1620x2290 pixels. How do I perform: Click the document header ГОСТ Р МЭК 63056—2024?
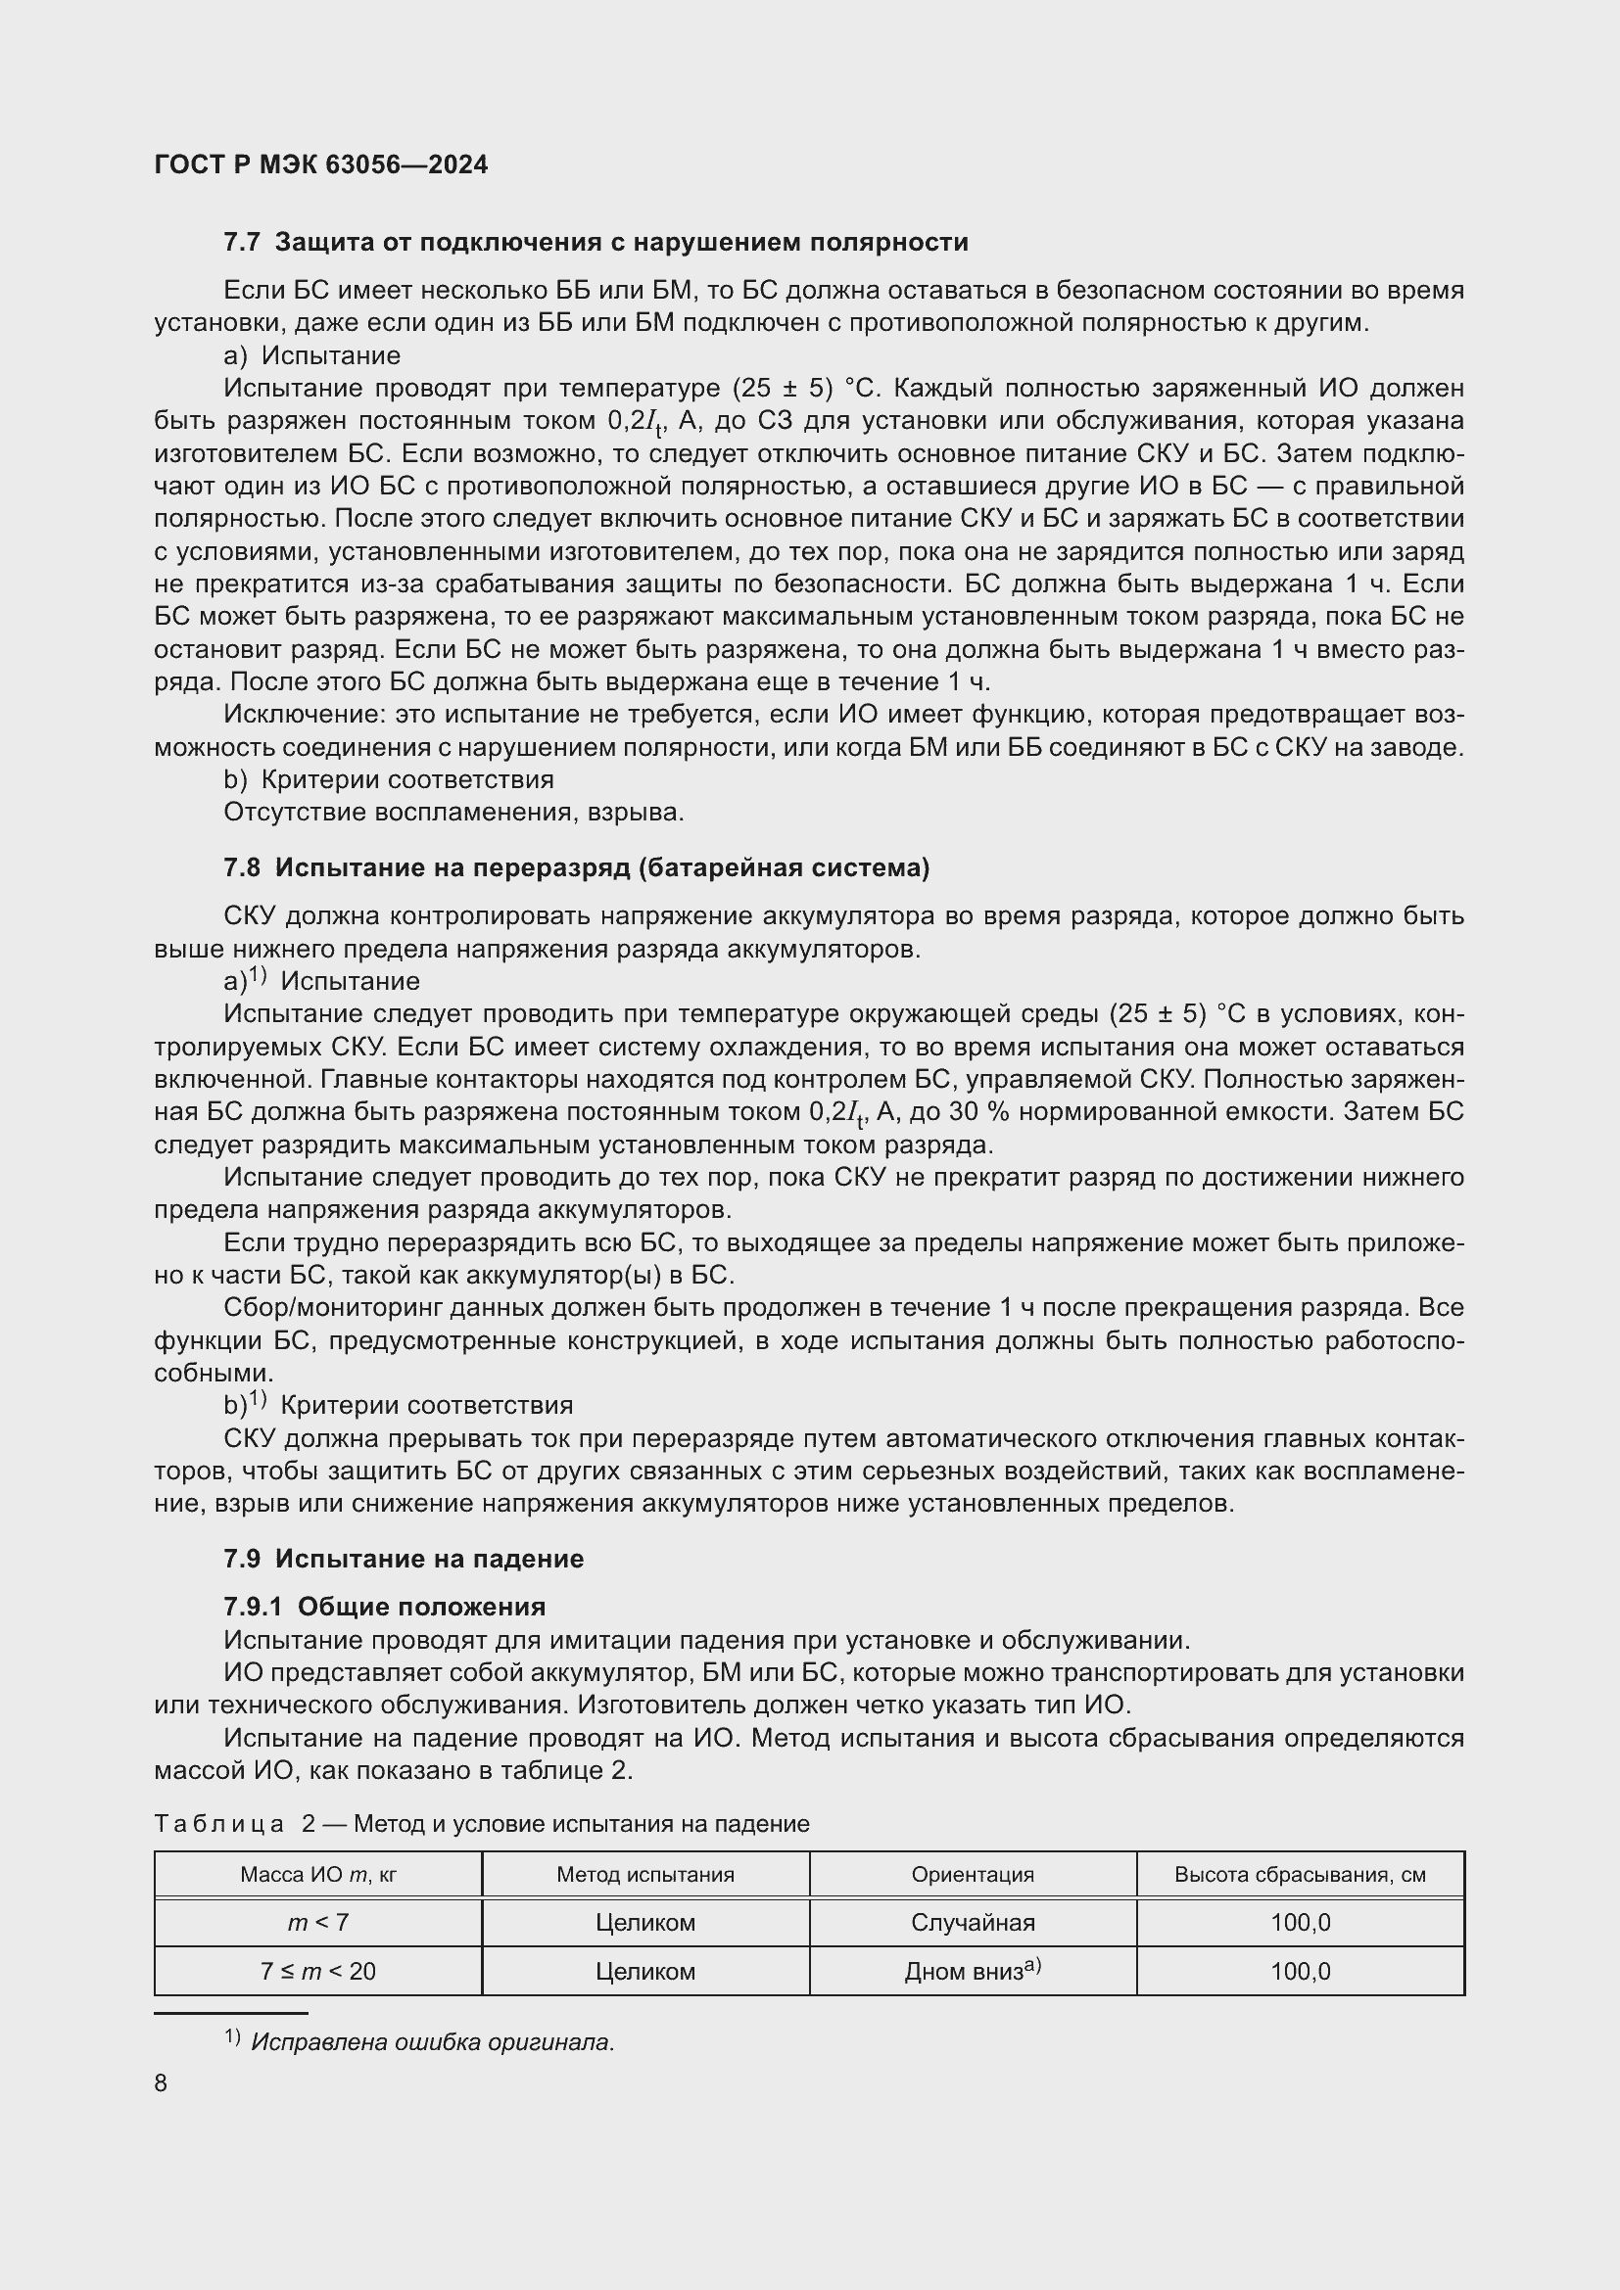click(x=321, y=164)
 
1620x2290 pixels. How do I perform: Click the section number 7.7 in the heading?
click(x=241, y=243)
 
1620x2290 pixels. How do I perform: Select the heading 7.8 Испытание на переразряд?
click(x=576, y=867)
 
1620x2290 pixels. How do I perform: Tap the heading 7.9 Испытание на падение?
click(x=403, y=1558)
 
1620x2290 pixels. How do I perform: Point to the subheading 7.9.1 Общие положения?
click(x=384, y=1607)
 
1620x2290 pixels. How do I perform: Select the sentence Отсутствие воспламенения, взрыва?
click(x=453, y=812)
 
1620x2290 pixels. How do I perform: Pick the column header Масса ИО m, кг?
click(x=318, y=1874)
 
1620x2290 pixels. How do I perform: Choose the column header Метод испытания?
click(x=645, y=1874)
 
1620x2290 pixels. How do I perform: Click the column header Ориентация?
click(x=973, y=1874)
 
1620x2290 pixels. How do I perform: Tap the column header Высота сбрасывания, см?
click(x=1300, y=1874)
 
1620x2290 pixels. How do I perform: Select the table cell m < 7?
click(x=318, y=1922)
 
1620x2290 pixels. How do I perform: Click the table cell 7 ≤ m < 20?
click(x=318, y=1971)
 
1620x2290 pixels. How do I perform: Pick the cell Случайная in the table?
click(x=973, y=1922)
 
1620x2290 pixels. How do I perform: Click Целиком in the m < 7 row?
click(x=645, y=1922)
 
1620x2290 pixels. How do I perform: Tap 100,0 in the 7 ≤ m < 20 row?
click(x=1300, y=1971)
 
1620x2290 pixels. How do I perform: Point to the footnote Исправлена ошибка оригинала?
click(x=432, y=2041)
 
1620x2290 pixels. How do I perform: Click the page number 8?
click(x=162, y=2082)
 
